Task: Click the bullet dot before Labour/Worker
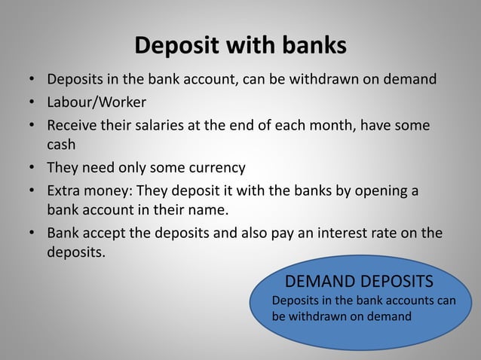(32, 101)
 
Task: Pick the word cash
(62, 145)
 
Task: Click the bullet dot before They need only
(32, 168)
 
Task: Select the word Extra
(65, 190)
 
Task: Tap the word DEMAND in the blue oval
(317, 282)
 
